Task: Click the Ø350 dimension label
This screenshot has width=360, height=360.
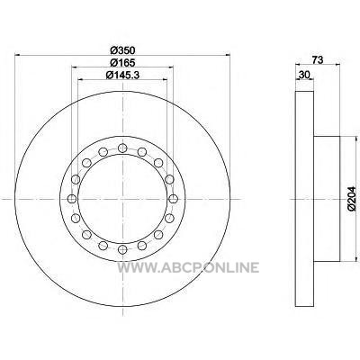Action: pyautogui.click(x=122, y=50)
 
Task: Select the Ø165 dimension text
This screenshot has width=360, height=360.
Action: pyautogui.click(x=122, y=62)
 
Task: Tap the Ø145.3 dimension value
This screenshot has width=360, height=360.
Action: pyautogui.click(x=122, y=75)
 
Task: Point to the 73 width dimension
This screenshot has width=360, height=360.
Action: pyautogui.click(x=318, y=60)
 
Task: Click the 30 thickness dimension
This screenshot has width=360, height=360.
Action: pyautogui.click(x=304, y=75)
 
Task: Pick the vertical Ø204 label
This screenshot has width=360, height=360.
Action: pyautogui.click(x=351, y=198)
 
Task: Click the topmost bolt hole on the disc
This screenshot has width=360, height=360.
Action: pyautogui.click(x=122, y=148)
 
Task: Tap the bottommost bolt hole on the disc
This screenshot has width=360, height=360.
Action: pyautogui.click(x=122, y=249)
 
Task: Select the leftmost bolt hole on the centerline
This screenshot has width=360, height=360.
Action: pyautogui.click(x=72, y=199)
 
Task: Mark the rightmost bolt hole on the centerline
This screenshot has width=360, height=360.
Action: pyautogui.click(x=173, y=199)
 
